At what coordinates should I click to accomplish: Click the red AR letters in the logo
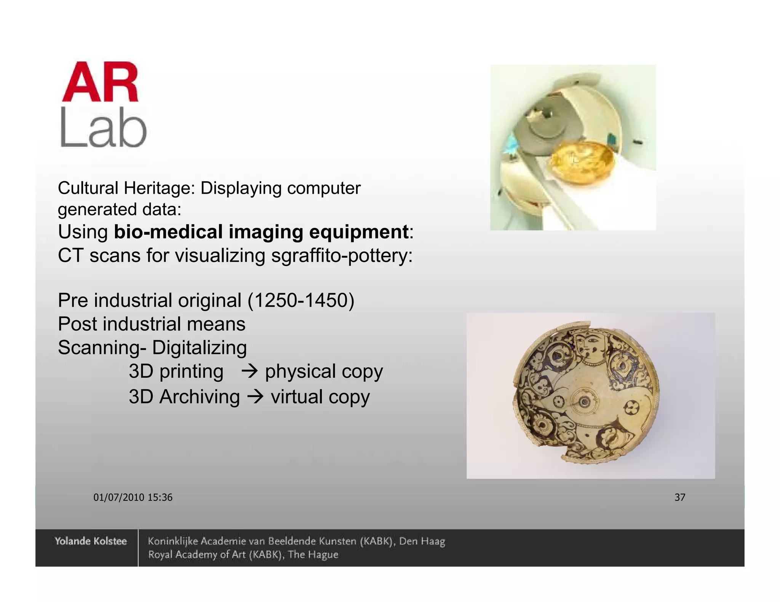[x=100, y=82]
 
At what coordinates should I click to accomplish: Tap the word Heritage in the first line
[x=159, y=188]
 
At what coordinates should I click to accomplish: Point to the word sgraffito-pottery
[x=342, y=255]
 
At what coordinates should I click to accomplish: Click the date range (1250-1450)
[x=301, y=300]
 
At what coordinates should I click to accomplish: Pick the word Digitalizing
[x=199, y=347]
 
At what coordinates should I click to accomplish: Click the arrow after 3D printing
[x=250, y=371]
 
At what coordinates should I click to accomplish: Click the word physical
[x=300, y=371]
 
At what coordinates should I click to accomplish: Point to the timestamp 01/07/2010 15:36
[x=133, y=497]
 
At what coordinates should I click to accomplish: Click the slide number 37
[x=680, y=497]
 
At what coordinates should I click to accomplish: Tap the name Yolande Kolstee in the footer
[x=90, y=541]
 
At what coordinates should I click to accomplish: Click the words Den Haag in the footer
[x=422, y=541]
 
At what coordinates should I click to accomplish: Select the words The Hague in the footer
[x=313, y=554]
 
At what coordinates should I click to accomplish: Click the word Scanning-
[x=102, y=347]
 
